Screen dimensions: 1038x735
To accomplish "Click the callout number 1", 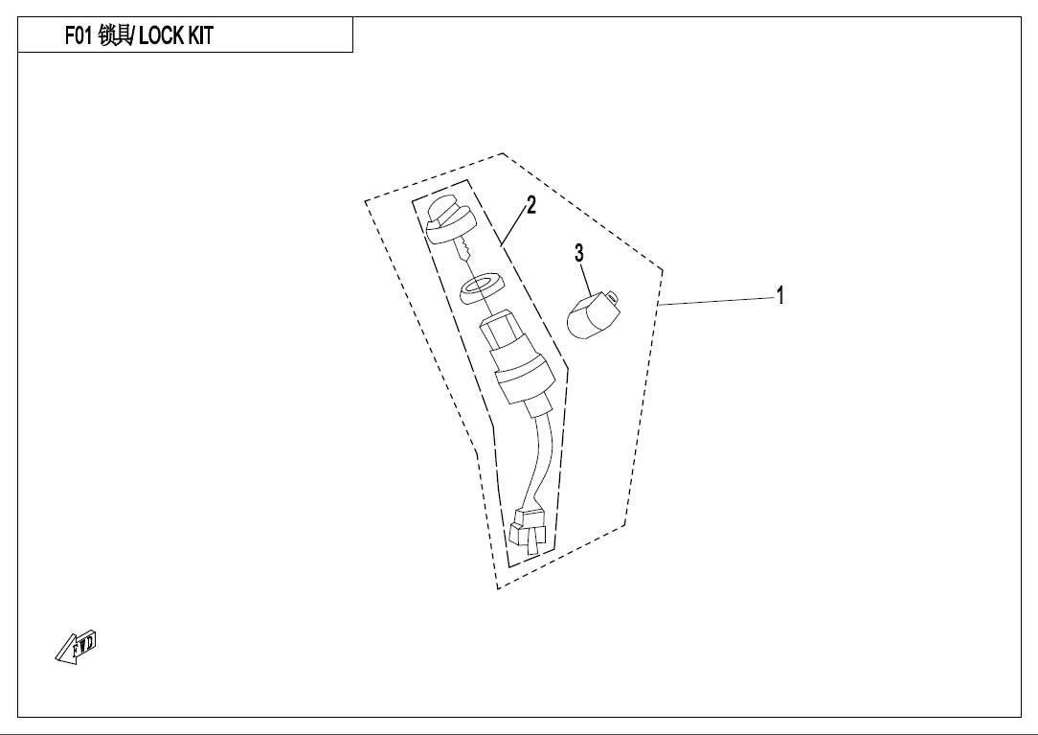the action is pyautogui.click(x=780, y=295).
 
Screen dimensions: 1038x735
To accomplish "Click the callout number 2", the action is pyautogui.click(x=530, y=205).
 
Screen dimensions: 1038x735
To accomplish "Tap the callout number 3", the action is pyautogui.click(x=579, y=253).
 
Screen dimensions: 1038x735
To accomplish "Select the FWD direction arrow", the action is pyautogui.click(x=76, y=647).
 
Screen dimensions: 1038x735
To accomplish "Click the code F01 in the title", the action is pyautogui.click(x=79, y=35).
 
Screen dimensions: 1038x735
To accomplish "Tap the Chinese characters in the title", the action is pyautogui.click(x=115, y=35).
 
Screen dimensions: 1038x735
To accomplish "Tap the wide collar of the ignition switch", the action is pyautogui.click(x=522, y=377).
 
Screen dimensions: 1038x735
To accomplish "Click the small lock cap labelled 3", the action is pyautogui.click(x=592, y=316).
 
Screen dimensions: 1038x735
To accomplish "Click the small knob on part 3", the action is pyautogui.click(x=614, y=297).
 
